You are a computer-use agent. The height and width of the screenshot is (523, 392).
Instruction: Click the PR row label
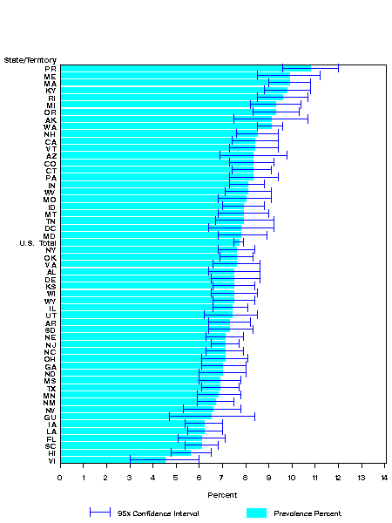coord(51,68)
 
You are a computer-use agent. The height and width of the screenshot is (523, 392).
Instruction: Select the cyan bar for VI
coord(112,460)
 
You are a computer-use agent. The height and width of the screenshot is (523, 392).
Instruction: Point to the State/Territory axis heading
coord(30,59)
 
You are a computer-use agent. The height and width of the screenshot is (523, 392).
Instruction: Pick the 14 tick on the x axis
coord(384,477)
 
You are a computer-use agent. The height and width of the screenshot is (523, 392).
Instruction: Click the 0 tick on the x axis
coord(60,477)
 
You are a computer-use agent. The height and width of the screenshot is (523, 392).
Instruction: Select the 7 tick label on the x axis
coord(222,477)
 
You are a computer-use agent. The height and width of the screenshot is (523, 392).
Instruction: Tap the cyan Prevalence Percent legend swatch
coord(256,513)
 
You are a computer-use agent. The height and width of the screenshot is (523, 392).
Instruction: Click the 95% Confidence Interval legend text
coord(152,513)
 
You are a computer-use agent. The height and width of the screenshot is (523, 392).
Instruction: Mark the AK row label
coord(51,119)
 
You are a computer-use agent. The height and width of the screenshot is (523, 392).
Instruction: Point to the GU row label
coord(51,417)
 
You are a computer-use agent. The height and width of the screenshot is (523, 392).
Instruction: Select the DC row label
coord(51,228)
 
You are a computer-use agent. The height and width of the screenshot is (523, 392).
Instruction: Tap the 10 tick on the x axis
coord(292,477)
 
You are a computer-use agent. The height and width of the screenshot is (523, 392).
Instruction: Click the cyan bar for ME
coord(174,76)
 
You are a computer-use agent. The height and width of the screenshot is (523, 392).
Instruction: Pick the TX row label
coord(51,388)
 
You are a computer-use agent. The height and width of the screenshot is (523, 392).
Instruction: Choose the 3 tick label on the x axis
coord(130,477)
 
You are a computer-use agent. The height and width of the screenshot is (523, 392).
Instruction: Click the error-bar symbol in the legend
coord(100,513)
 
